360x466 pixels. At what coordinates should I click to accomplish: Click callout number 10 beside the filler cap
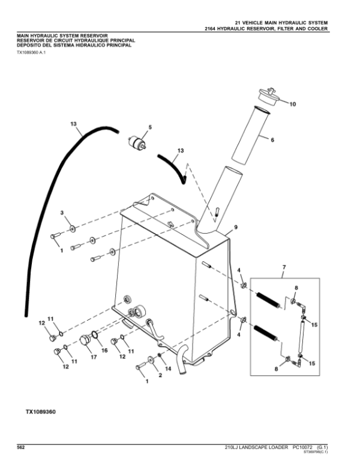[293, 104]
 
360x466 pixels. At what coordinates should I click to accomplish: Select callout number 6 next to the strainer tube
[272, 140]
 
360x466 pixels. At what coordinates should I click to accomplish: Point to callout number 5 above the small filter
[150, 127]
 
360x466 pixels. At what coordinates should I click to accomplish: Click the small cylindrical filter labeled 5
[137, 142]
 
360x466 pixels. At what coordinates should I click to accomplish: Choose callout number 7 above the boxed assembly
[284, 267]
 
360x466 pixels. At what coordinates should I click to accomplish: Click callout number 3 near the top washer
[62, 213]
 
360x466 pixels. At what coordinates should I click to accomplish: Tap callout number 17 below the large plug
[94, 357]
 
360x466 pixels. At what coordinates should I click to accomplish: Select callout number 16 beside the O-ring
[104, 350]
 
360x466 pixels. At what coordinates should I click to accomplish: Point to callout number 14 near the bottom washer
[168, 369]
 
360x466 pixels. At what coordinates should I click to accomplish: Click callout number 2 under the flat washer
[160, 375]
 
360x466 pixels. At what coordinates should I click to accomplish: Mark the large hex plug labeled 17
[85, 340]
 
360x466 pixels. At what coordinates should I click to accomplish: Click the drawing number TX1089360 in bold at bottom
[40, 412]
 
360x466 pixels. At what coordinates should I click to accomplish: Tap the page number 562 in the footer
[20, 447]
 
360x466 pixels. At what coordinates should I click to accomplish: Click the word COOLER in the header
[317, 29]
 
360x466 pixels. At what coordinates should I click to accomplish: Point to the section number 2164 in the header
[210, 29]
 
